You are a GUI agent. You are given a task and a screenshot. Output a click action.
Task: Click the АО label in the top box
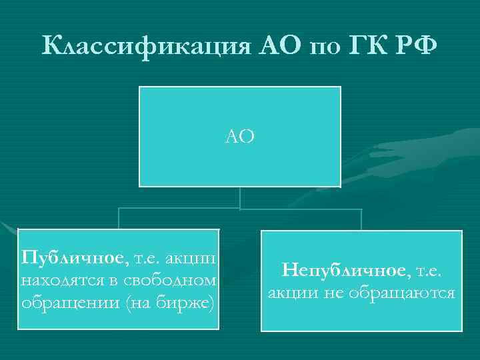coord(240,137)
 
